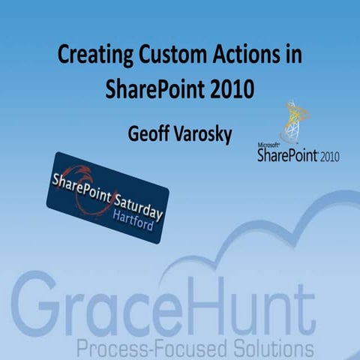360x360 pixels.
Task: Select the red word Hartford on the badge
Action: point(127,212)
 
